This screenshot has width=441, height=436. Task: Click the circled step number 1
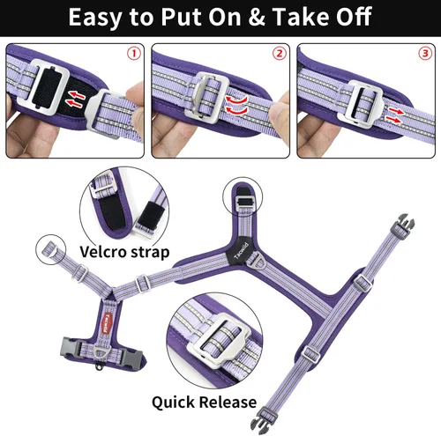pos(134,54)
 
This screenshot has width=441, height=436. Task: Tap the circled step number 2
pos(280,54)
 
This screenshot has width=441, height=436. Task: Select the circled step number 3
pos(425,54)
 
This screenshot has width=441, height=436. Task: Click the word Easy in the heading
pos(94,18)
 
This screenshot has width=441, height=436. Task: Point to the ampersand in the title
pos(257,17)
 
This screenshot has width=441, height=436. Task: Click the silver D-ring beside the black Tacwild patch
pos(255,260)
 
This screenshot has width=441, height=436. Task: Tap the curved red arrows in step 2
pos(236,105)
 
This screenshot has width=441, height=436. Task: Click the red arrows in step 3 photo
pos(393,115)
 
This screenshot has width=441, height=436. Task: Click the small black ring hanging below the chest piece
pos(99,367)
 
